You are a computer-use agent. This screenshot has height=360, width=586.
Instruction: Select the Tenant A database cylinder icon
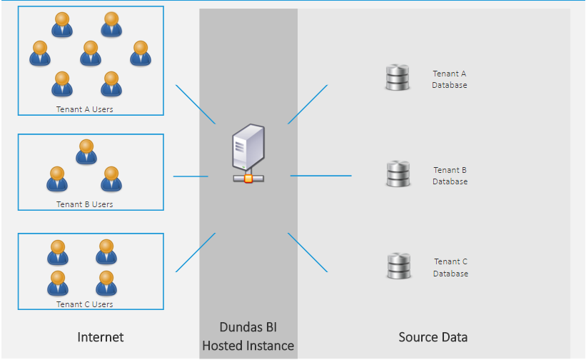coord(397,78)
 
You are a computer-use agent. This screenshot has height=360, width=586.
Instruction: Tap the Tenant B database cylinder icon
coord(398,174)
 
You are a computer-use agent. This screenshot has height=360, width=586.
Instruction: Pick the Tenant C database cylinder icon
coord(398,266)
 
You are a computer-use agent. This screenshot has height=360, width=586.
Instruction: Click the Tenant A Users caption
coord(85,109)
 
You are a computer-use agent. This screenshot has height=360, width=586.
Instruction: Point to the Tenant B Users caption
coord(85,204)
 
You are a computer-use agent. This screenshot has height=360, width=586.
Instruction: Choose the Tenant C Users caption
coord(85,304)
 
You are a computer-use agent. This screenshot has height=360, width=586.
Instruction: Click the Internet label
coord(101,337)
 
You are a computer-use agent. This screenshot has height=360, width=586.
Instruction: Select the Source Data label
coord(433,337)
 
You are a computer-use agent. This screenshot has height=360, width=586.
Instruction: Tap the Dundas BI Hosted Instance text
coord(248,336)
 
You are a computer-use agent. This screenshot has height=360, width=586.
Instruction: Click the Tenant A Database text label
coord(450,79)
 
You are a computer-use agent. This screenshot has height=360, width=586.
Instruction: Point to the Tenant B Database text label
coord(450,176)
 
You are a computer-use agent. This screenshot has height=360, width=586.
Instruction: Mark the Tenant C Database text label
coord(450,268)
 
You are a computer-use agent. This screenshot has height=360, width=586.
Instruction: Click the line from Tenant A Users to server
coord(195,104)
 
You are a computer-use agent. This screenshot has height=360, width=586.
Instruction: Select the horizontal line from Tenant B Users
coord(191,176)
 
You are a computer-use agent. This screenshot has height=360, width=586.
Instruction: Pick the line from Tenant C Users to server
coord(195,252)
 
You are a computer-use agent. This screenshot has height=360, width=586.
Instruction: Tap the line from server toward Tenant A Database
coord(308,104)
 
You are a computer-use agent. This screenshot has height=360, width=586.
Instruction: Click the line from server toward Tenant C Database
coord(308,252)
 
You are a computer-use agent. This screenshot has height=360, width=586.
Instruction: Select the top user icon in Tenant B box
coord(86,151)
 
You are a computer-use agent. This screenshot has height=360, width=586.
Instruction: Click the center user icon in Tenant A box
coord(90,53)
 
